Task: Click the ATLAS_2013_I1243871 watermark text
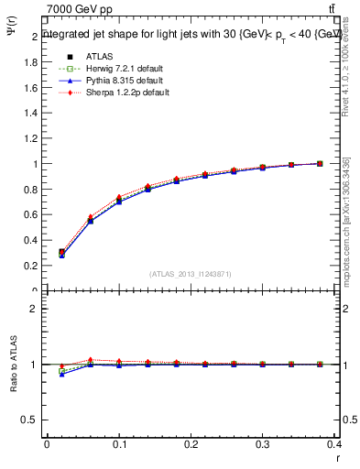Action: click(x=190, y=274)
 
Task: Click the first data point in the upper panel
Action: click(x=61, y=253)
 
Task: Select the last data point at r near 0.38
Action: click(x=320, y=163)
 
